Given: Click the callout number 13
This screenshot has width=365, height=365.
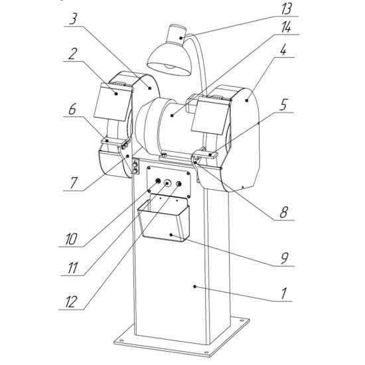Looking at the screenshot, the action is (287, 9).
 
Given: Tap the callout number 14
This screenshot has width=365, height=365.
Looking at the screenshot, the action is (286, 27).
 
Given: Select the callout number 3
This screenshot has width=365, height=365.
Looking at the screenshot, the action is (73, 19).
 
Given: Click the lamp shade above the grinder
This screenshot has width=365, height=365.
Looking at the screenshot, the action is (169, 59).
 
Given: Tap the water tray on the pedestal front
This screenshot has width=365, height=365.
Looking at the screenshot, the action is (164, 219).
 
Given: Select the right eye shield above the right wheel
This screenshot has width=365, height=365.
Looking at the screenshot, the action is (210, 115).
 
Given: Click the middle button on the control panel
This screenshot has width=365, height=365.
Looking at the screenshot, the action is (167, 183).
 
